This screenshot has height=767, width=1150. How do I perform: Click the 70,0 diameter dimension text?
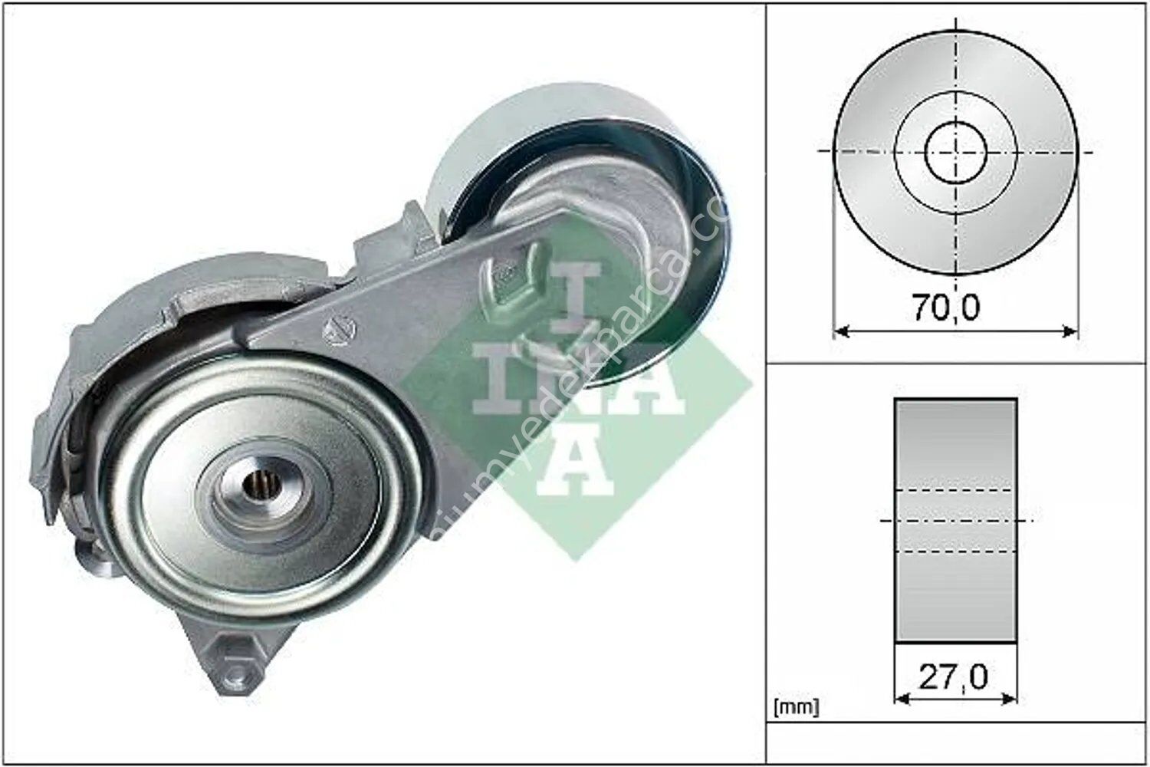tap(946, 308)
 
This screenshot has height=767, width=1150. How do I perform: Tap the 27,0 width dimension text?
tap(955, 676)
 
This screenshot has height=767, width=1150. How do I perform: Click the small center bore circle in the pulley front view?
tap(955, 150)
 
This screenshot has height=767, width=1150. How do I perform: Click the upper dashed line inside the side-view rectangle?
tap(955, 490)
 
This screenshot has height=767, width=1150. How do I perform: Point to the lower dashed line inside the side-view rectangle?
tap(955, 551)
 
